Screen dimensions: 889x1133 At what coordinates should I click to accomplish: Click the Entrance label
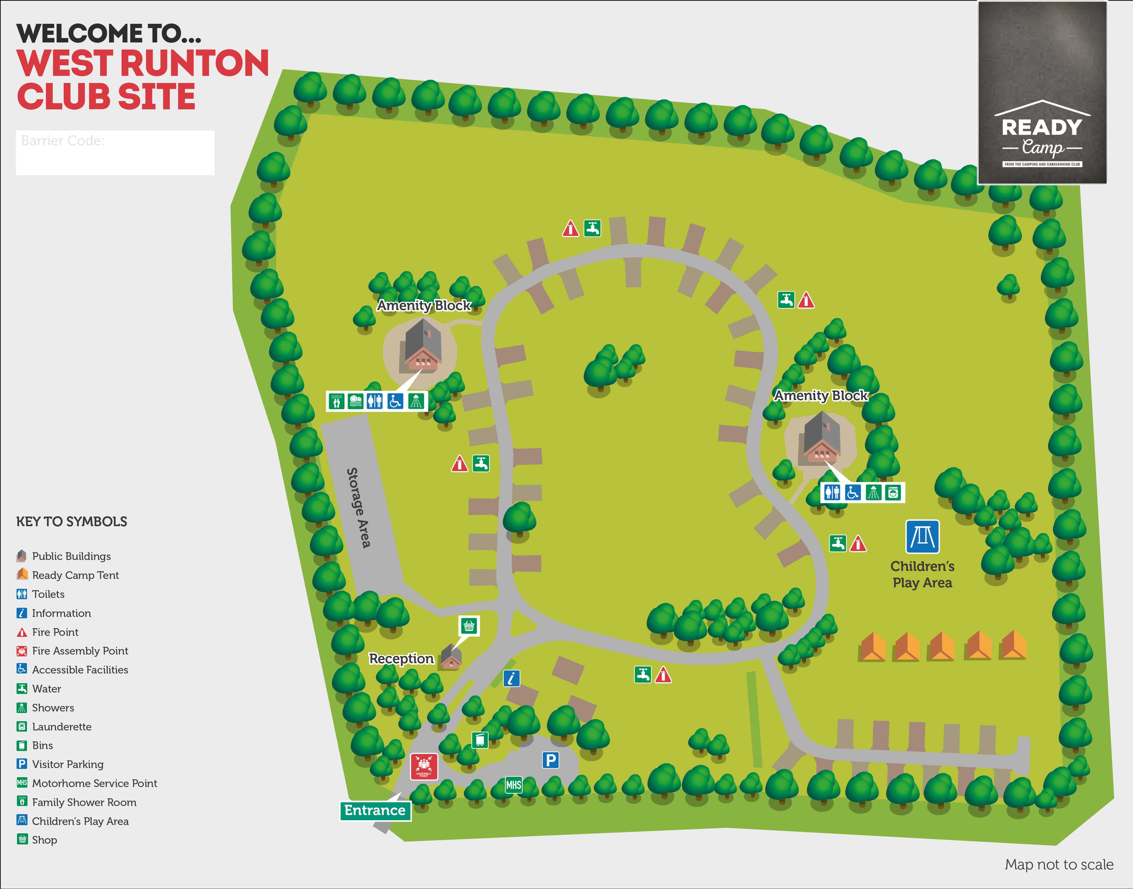375,811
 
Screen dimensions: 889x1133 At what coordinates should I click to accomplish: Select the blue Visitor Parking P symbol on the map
550,760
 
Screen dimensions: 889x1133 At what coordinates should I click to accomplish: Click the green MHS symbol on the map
513,785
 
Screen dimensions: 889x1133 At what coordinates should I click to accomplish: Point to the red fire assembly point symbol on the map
424,766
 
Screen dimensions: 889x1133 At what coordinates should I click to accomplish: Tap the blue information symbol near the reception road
512,678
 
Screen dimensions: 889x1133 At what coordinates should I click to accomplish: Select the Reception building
451,656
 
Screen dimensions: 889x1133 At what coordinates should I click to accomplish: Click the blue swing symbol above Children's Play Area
922,536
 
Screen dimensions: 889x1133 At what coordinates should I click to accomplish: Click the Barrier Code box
115,152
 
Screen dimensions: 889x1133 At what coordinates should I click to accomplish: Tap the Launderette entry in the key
61,727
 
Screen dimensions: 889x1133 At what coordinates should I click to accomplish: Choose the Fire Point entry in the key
55,632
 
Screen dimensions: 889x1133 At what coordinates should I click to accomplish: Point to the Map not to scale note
1059,865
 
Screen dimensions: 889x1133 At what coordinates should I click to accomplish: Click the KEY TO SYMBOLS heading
71,522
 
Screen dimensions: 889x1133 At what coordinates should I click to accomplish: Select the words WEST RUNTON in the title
143,63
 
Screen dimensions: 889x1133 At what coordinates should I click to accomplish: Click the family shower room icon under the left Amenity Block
337,401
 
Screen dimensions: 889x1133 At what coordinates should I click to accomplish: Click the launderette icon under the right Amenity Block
893,492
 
